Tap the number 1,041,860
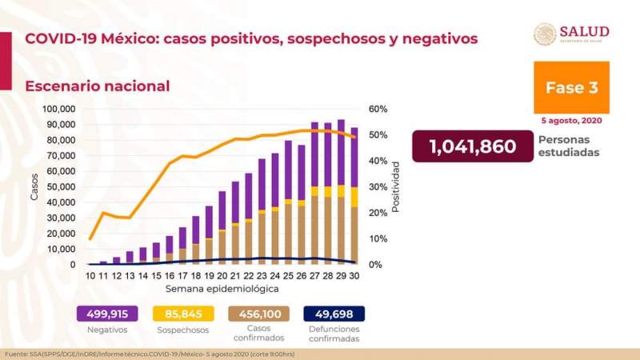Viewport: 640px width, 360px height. (471, 146)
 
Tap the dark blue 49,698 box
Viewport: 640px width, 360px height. (334, 314)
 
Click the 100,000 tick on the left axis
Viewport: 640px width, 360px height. (58, 109)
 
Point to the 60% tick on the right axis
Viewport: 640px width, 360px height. (378, 109)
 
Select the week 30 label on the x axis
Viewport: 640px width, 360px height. (354, 275)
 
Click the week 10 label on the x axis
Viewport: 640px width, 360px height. (90, 275)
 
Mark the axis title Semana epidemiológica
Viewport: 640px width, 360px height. (222, 287)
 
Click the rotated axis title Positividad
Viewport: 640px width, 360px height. (394, 186)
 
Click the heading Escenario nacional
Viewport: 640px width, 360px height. (97, 86)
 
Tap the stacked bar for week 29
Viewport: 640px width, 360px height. (341, 192)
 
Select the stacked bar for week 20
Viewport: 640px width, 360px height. (222, 228)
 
